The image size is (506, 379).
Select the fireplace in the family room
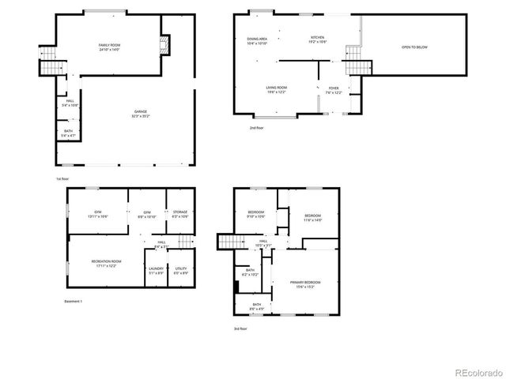(164, 45)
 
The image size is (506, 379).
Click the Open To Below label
(414, 47)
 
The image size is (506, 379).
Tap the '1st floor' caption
(62, 178)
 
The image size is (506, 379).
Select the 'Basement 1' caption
(73, 301)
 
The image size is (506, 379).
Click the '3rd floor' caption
(240, 328)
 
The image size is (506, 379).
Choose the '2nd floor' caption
(256, 127)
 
